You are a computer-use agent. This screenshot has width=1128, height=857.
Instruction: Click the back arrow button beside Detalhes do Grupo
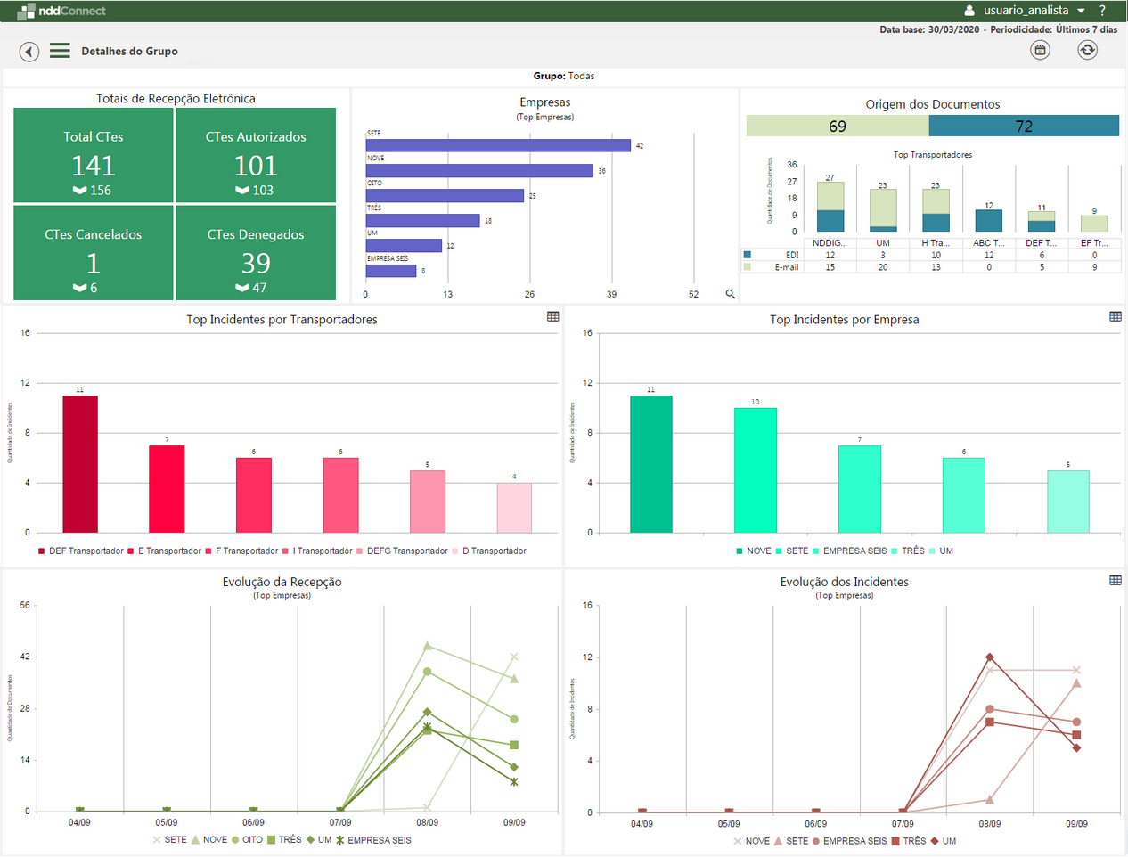click(29, 52)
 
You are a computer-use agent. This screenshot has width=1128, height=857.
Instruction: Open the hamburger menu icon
click(60, 51)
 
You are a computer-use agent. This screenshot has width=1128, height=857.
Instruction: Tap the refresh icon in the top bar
click(1087, 50)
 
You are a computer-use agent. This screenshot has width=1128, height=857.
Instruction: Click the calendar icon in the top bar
click(1040, 50)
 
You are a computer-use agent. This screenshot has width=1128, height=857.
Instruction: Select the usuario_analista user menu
click(1025, 11)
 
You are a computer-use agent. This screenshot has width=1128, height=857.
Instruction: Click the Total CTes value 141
click(94, 166)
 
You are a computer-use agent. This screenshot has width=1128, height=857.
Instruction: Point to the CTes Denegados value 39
click(256, 264)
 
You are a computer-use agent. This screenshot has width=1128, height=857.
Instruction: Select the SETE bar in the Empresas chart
click(498, 145)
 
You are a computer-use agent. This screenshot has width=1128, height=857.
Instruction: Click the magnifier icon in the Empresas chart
click(731, 294)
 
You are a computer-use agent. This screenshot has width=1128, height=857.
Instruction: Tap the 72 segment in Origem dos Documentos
click(1024, 127)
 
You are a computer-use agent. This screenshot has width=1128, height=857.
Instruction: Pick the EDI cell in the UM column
click(883, 255)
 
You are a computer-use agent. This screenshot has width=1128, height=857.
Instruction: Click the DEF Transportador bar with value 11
click(80, 464)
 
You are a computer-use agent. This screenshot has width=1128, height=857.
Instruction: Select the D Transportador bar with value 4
click(514, 508)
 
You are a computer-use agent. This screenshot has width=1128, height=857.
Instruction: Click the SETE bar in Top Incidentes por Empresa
click(755, 470)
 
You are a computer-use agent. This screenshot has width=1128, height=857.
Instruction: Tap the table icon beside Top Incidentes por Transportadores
click(553, 317)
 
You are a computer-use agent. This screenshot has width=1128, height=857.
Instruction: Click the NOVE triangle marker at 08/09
click(428, 646)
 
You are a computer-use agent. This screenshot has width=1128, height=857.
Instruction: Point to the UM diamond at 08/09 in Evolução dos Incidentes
click(990, 657)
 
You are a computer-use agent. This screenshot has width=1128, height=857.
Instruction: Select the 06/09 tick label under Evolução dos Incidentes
click(815, 824)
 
